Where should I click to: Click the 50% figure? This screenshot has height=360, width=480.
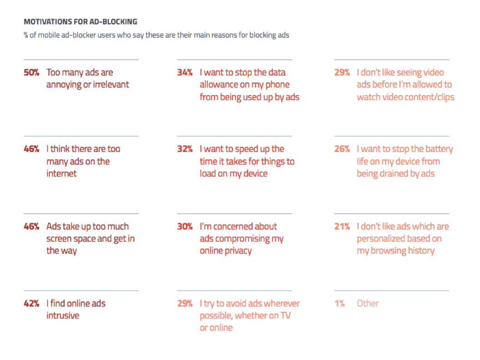click(x=31, y=72)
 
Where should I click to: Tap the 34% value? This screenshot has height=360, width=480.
click(x=185, y=72)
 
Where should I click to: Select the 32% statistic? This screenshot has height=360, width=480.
click(x=185, y=149)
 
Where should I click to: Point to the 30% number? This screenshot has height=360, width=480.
click(x=185, y=226)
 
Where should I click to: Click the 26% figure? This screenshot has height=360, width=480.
click(x=342, y=149)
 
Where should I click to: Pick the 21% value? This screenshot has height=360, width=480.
click(x=342, y=226)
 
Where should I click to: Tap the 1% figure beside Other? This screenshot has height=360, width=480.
click(x=339, y=304)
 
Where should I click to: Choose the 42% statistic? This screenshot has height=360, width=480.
click(x=31, y=304)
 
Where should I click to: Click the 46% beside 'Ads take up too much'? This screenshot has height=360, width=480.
click(x=31, y=226)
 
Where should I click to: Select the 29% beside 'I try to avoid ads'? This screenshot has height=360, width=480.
click(x=185, y=304)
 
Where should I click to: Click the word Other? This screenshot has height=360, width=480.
click(x=368, y=304)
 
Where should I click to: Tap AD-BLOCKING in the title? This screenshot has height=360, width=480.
click(x=113, y=22)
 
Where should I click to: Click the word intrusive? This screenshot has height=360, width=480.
click(x=63, y=315)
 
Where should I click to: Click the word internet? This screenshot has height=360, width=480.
click(x=61, y=173)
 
